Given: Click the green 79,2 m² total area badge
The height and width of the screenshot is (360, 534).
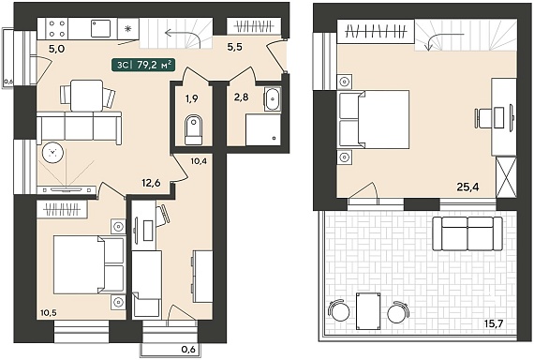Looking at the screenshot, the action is coord(143,65).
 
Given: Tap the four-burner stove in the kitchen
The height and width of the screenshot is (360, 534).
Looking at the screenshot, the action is coord(57,29).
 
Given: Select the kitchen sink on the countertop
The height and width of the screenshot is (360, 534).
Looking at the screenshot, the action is coord(100,28).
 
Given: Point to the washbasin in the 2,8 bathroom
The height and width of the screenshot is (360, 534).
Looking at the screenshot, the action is coord(273,99).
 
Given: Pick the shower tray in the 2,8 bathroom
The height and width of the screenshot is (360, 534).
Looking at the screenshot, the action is coord(263,129).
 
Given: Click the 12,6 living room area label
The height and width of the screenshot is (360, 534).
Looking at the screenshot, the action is coord(151,183).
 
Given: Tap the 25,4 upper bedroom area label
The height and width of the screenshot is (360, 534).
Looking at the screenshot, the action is coord(467,187).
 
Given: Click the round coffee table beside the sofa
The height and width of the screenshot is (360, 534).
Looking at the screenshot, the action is coord(52,153).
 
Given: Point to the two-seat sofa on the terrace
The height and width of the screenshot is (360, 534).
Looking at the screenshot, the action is coord(467,233).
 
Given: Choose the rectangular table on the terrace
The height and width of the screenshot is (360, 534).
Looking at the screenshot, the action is coord(368,311).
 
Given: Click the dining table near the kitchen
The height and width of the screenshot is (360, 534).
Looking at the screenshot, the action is coord(86,96).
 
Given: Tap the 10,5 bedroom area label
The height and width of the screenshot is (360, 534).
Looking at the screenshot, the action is coord(48,312).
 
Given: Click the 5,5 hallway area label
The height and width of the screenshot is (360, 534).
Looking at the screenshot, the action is coord(235,47).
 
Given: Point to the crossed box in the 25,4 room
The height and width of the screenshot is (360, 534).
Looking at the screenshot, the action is coord(506,177).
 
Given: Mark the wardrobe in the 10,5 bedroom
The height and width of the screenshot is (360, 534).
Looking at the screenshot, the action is coord(63,209).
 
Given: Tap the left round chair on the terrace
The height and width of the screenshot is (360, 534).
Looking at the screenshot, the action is coord(339,310).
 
